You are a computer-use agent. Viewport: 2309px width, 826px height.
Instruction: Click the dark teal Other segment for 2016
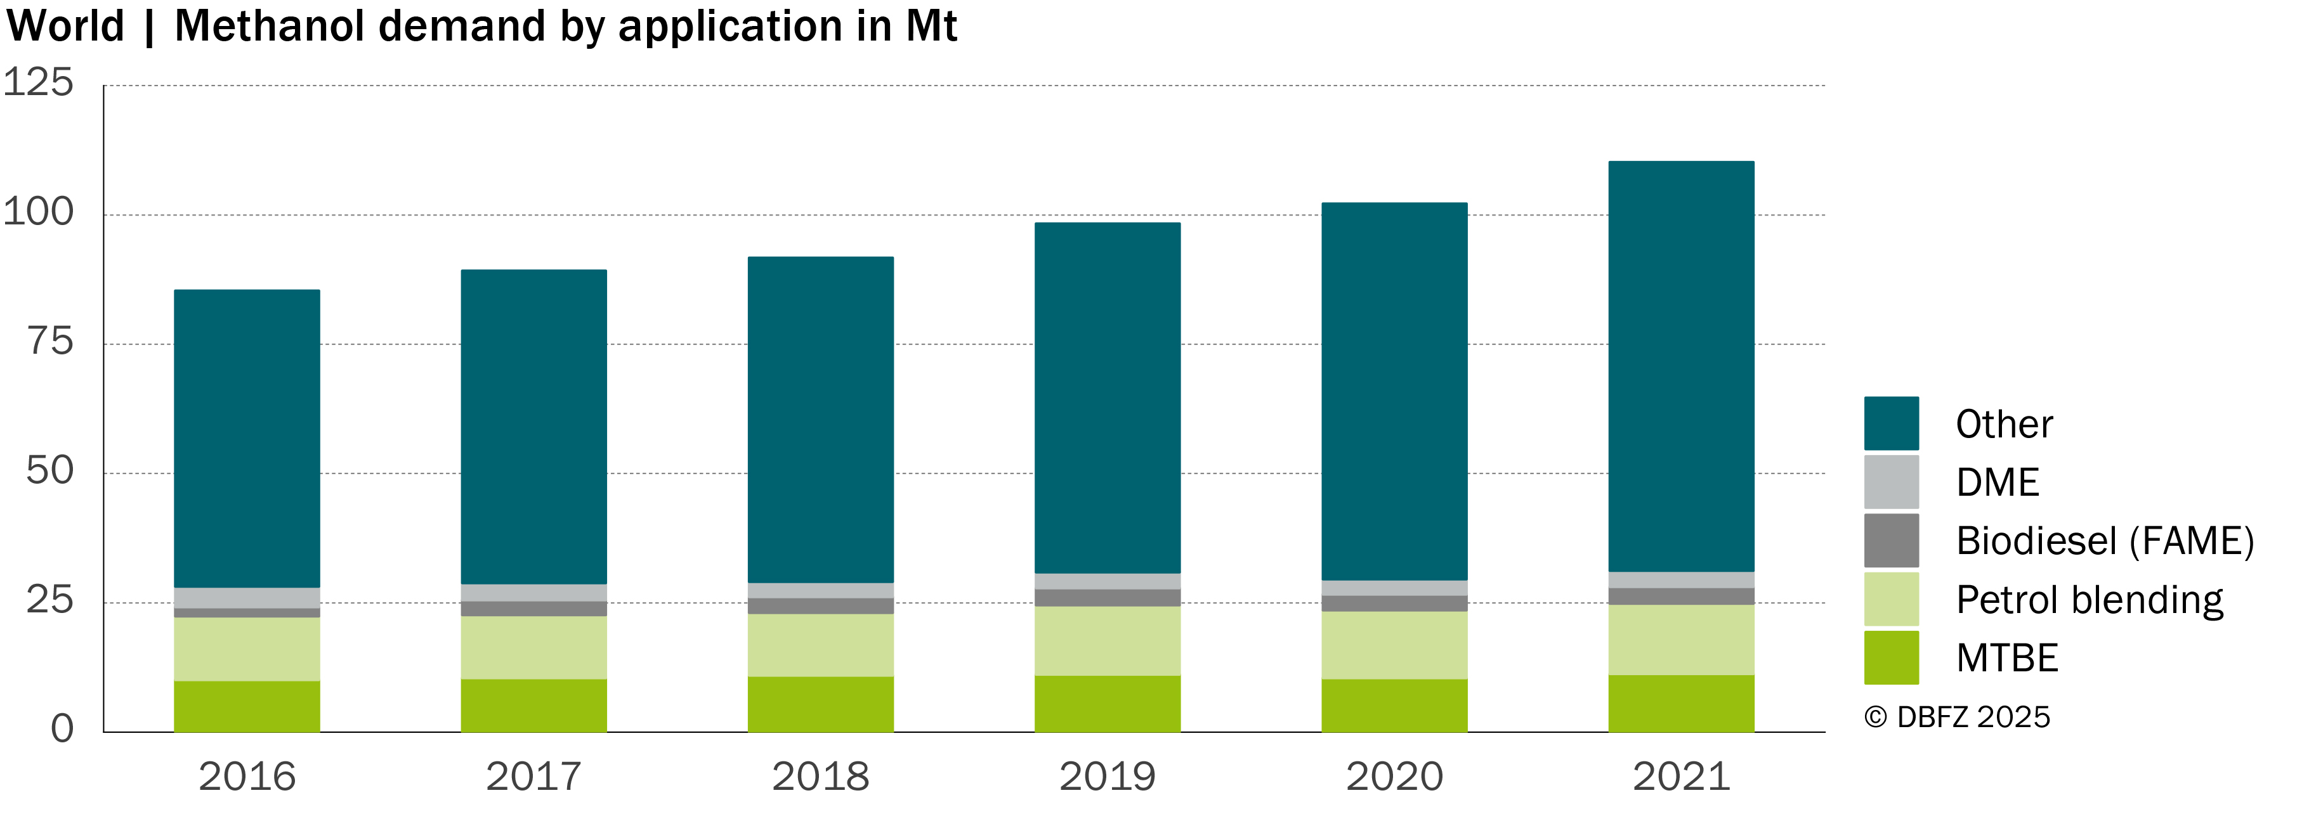tap(247, 438)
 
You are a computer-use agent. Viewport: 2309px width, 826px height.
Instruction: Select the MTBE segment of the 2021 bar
tap(1680, 703)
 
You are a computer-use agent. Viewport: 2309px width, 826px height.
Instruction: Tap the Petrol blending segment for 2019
tap(1107, 640)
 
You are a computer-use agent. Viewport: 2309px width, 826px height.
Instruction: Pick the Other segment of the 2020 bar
tap(1394, 392)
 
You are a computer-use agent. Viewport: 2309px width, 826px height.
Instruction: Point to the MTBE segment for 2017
tap(533, 705)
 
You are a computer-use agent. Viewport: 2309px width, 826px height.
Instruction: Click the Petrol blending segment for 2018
tap(820, 645)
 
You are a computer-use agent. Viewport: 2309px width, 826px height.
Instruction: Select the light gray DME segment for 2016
tap(247, 598)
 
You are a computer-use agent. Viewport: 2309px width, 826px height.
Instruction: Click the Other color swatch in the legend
tap(1892, 423)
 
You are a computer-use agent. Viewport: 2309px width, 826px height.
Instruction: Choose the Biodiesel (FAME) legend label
tap(2105, 541)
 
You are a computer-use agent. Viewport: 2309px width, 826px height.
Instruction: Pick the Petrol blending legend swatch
tap(1892, 598)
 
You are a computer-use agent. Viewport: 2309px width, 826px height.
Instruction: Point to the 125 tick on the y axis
tap(39, 82)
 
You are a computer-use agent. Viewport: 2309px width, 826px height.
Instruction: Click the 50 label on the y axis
tap(50, 470)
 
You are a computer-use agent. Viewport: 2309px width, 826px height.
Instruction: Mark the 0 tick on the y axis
tap(62, 728)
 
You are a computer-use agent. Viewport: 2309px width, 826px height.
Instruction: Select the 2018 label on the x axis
tap(820, 777)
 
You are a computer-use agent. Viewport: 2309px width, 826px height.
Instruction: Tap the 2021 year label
tap(1680, 777)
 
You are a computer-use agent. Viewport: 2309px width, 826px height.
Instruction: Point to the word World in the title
tap(65, 25)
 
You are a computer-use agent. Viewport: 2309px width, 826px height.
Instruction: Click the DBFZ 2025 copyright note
tap(1958, 717)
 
